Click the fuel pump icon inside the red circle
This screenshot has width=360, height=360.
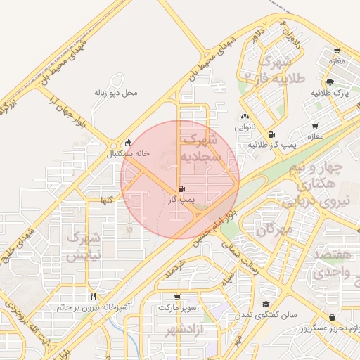pos(183,189)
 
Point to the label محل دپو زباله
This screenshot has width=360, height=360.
pos(116,93)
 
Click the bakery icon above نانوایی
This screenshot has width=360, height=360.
pos(244,117)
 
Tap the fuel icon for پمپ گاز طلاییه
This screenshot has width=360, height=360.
pos(271,134)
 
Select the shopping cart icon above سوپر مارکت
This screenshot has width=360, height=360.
pos(177,297)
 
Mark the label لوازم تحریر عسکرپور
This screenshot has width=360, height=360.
pos(330,328)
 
